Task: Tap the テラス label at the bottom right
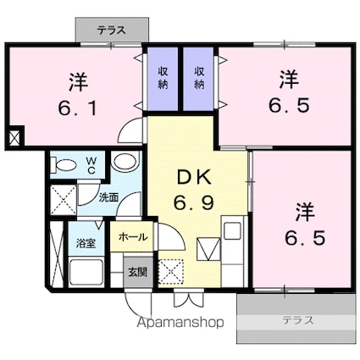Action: click(296, 320)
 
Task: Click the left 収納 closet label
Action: click(163, 78)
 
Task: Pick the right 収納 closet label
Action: click(200, 78)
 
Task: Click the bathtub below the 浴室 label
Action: click(85, 274)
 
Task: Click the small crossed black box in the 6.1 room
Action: click(14, 136)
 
